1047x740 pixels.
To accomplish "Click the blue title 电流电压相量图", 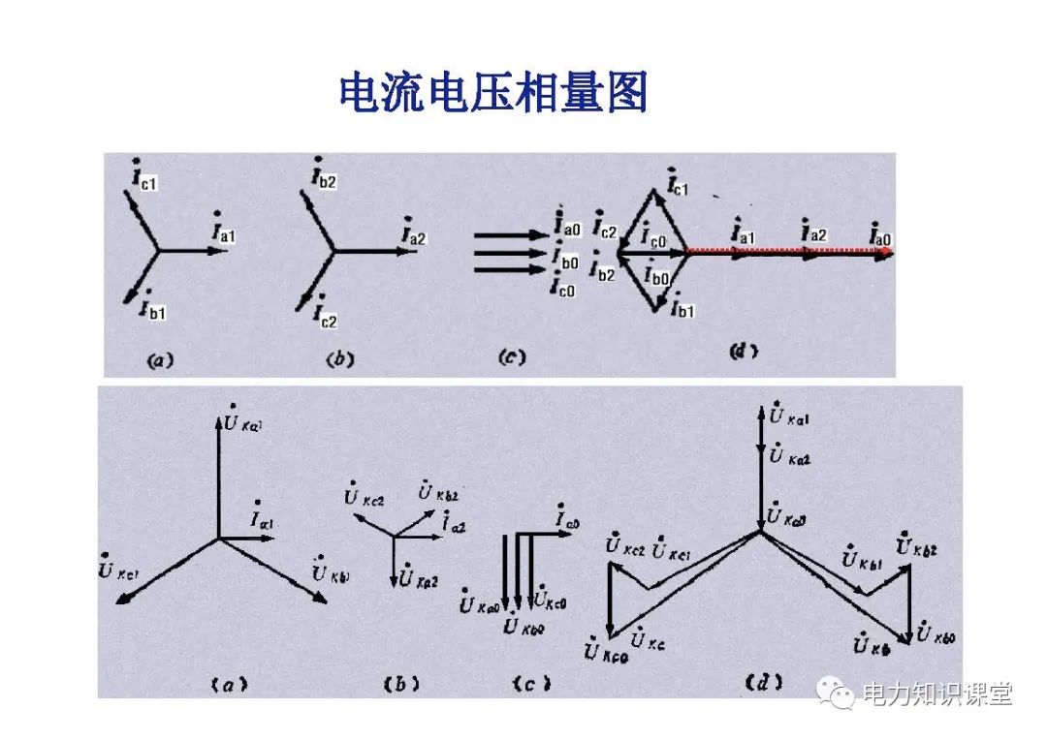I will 492,93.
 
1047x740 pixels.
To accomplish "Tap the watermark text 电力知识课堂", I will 937,694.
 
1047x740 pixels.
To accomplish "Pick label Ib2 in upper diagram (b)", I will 323,176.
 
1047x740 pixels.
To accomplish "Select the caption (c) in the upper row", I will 511,357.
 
